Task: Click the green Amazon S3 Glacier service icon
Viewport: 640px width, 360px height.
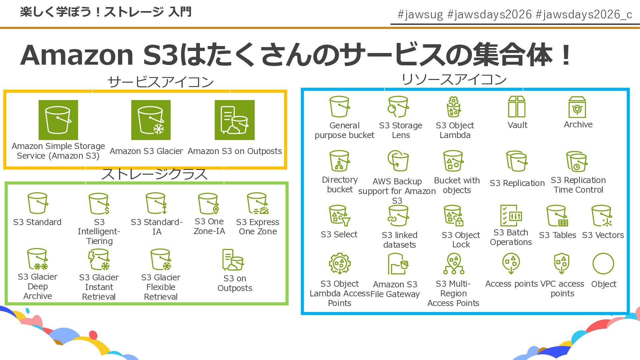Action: (151, 120)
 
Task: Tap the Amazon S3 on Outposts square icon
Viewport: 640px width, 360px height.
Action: (234, 120)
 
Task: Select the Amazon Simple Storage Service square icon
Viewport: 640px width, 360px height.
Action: (58, 120)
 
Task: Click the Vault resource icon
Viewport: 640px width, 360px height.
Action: (516, 107)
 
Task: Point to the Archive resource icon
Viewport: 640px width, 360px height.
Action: (577, 107)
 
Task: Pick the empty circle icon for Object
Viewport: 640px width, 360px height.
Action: (603, 264)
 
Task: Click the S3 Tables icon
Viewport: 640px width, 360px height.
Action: (557, 216)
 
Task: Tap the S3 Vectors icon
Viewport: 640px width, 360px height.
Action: (602, 216)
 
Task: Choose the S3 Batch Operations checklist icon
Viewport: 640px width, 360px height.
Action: (510, 215)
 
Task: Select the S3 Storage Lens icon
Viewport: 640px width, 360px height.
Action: (398, 107)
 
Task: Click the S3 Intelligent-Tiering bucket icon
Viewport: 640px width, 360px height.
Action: (99, 204)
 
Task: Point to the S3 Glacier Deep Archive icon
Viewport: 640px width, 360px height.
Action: (37, 259)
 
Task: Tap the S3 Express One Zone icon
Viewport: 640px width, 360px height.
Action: (257, 203)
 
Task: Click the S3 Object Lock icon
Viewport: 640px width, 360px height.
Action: (453, 216)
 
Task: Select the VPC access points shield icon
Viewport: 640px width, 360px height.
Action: (562, 263)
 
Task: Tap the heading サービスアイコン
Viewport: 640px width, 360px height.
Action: (160, 82)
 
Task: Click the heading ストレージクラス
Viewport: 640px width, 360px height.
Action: (154, 174)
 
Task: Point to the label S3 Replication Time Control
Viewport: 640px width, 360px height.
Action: (578, 185)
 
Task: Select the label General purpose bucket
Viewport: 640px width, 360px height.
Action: (344, 130)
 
